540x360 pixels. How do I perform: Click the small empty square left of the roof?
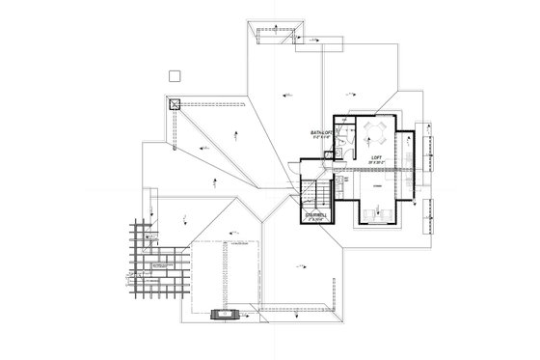point(175,75)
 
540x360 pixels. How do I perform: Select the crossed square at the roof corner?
point(175,106)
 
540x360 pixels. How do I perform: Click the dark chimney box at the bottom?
point(227,312)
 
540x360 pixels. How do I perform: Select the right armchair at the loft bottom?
point(391,211)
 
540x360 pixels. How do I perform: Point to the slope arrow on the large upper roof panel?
point(285,93)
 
